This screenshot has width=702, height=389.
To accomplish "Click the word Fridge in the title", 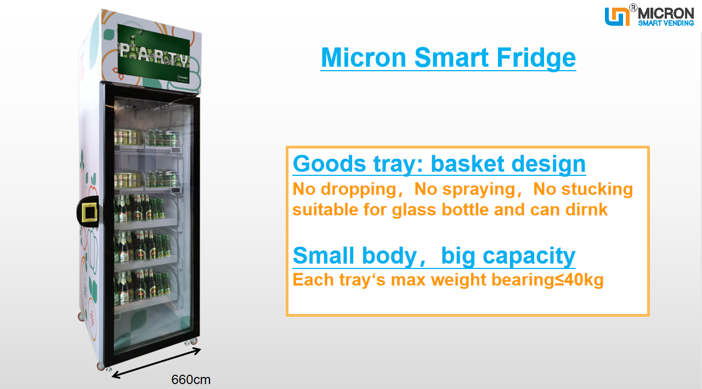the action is (x=536, y=58).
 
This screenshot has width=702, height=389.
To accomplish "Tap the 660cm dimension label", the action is (x=191, y=380).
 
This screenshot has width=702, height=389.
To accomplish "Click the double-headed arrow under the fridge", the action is (x=156, y=363).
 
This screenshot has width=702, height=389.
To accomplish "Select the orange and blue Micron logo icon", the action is (x=617, y=16).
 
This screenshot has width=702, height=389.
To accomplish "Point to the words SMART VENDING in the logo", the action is (x=666, y=23).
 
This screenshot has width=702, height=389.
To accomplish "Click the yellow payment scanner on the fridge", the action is (x=89, y=212).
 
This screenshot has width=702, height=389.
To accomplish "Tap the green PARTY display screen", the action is (x=154, y=54).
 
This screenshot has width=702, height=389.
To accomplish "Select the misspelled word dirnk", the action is (x=586, y=209).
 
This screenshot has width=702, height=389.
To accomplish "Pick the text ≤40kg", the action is (x=579, y=279).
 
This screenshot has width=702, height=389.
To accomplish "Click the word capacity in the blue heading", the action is (x=529, y=256).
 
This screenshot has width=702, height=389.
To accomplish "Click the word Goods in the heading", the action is (x=330, y=164).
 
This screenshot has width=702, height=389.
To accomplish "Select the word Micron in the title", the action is (x=364, y=58).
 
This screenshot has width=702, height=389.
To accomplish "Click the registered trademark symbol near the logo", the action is (x=633, y=8).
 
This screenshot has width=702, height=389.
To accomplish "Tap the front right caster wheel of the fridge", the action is (x=194, y=341).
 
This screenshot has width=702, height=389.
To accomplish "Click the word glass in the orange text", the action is (x=414, y=210).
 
